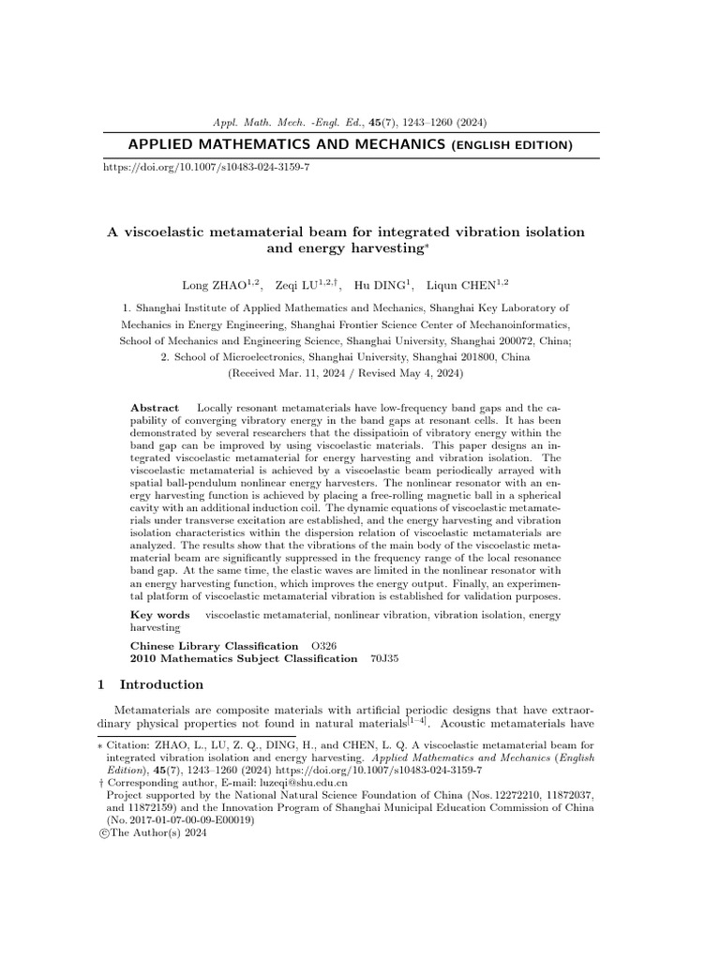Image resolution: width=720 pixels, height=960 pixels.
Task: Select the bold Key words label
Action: (x=159, y=615)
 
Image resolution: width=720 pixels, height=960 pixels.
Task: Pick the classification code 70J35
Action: (x=384, y=659)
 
